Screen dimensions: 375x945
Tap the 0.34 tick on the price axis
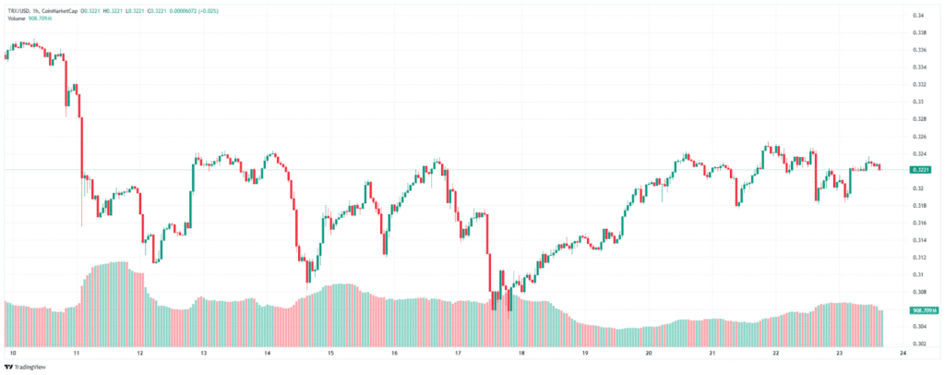pos(918,16)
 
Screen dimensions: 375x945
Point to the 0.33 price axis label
pos(918,102)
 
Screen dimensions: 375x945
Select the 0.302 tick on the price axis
pos(918,344)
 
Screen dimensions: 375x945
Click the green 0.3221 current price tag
pos(919,170)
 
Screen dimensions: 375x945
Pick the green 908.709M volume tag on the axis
pos(923,310)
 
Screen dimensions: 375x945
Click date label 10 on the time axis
pos(13,353)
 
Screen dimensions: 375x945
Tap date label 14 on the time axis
pos(268,353)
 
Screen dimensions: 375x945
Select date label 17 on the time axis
pos(459,353)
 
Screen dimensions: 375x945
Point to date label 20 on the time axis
pos(649,353)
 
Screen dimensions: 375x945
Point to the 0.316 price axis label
pos(918,223)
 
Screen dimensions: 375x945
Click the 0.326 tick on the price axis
pos(918,137)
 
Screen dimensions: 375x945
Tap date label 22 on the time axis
pos(776,353)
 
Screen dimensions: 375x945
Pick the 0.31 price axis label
pos(918,274)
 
